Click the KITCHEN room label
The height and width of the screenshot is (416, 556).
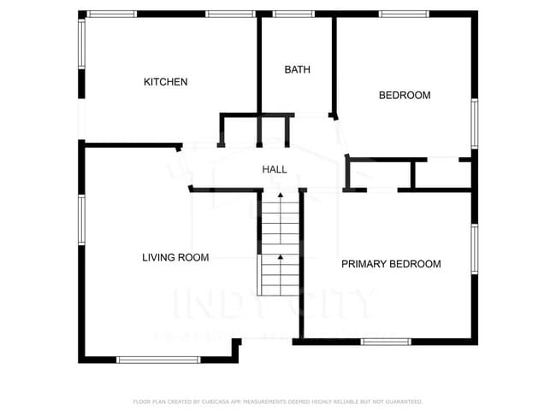point(165,82)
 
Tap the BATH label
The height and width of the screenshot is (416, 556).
point(297,70)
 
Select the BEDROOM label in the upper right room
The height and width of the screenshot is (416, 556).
point(404,96)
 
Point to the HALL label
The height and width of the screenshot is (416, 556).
point(274,170)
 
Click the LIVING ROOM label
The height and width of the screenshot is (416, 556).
point(174,257)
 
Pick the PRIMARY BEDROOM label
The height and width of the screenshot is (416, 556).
point(391,264)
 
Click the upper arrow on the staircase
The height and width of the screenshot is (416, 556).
point(280,197)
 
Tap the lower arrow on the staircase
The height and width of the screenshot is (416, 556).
point(280,256)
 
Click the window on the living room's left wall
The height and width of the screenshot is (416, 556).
point(82,220)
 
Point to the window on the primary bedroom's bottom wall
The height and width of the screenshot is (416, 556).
point(386,342)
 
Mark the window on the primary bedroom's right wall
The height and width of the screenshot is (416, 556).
point(474,249)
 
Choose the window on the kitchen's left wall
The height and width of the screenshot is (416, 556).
point(82,44)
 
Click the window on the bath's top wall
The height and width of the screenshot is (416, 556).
point(293,14)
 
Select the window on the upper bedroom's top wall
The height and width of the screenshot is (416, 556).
point(404,14)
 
